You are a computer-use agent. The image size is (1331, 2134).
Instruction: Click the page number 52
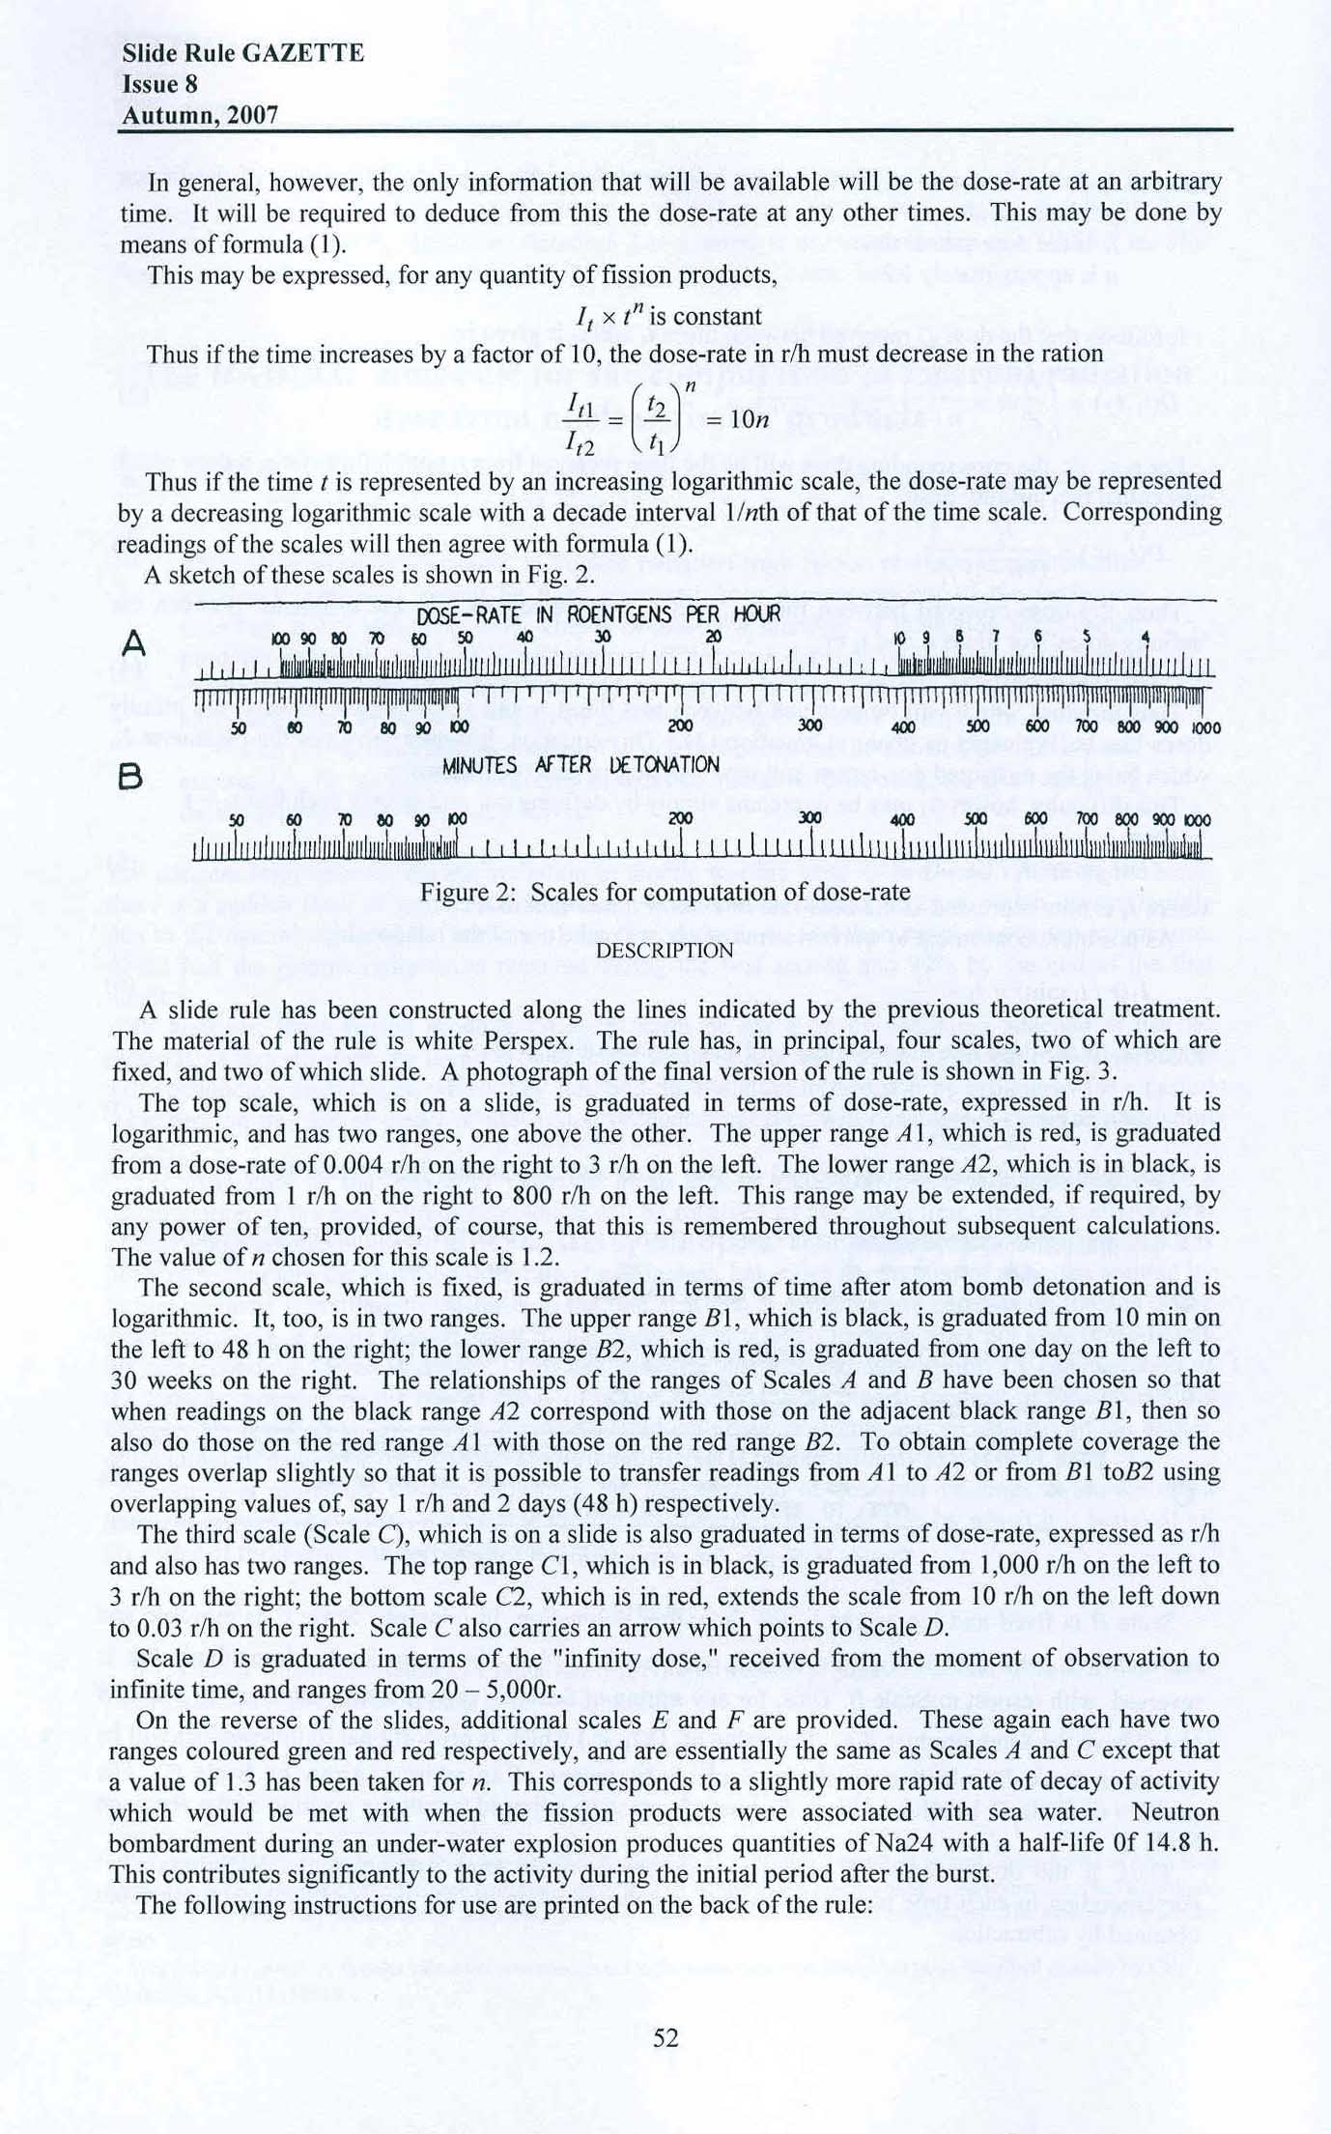pos(666,2037)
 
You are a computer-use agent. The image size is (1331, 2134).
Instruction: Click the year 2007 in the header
pos(248,116)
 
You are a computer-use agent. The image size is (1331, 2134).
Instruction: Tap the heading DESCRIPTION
pos(665,951)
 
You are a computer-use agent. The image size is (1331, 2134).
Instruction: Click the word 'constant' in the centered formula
pos(715,316)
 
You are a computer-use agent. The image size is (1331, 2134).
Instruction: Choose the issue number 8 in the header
pos(191,85)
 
